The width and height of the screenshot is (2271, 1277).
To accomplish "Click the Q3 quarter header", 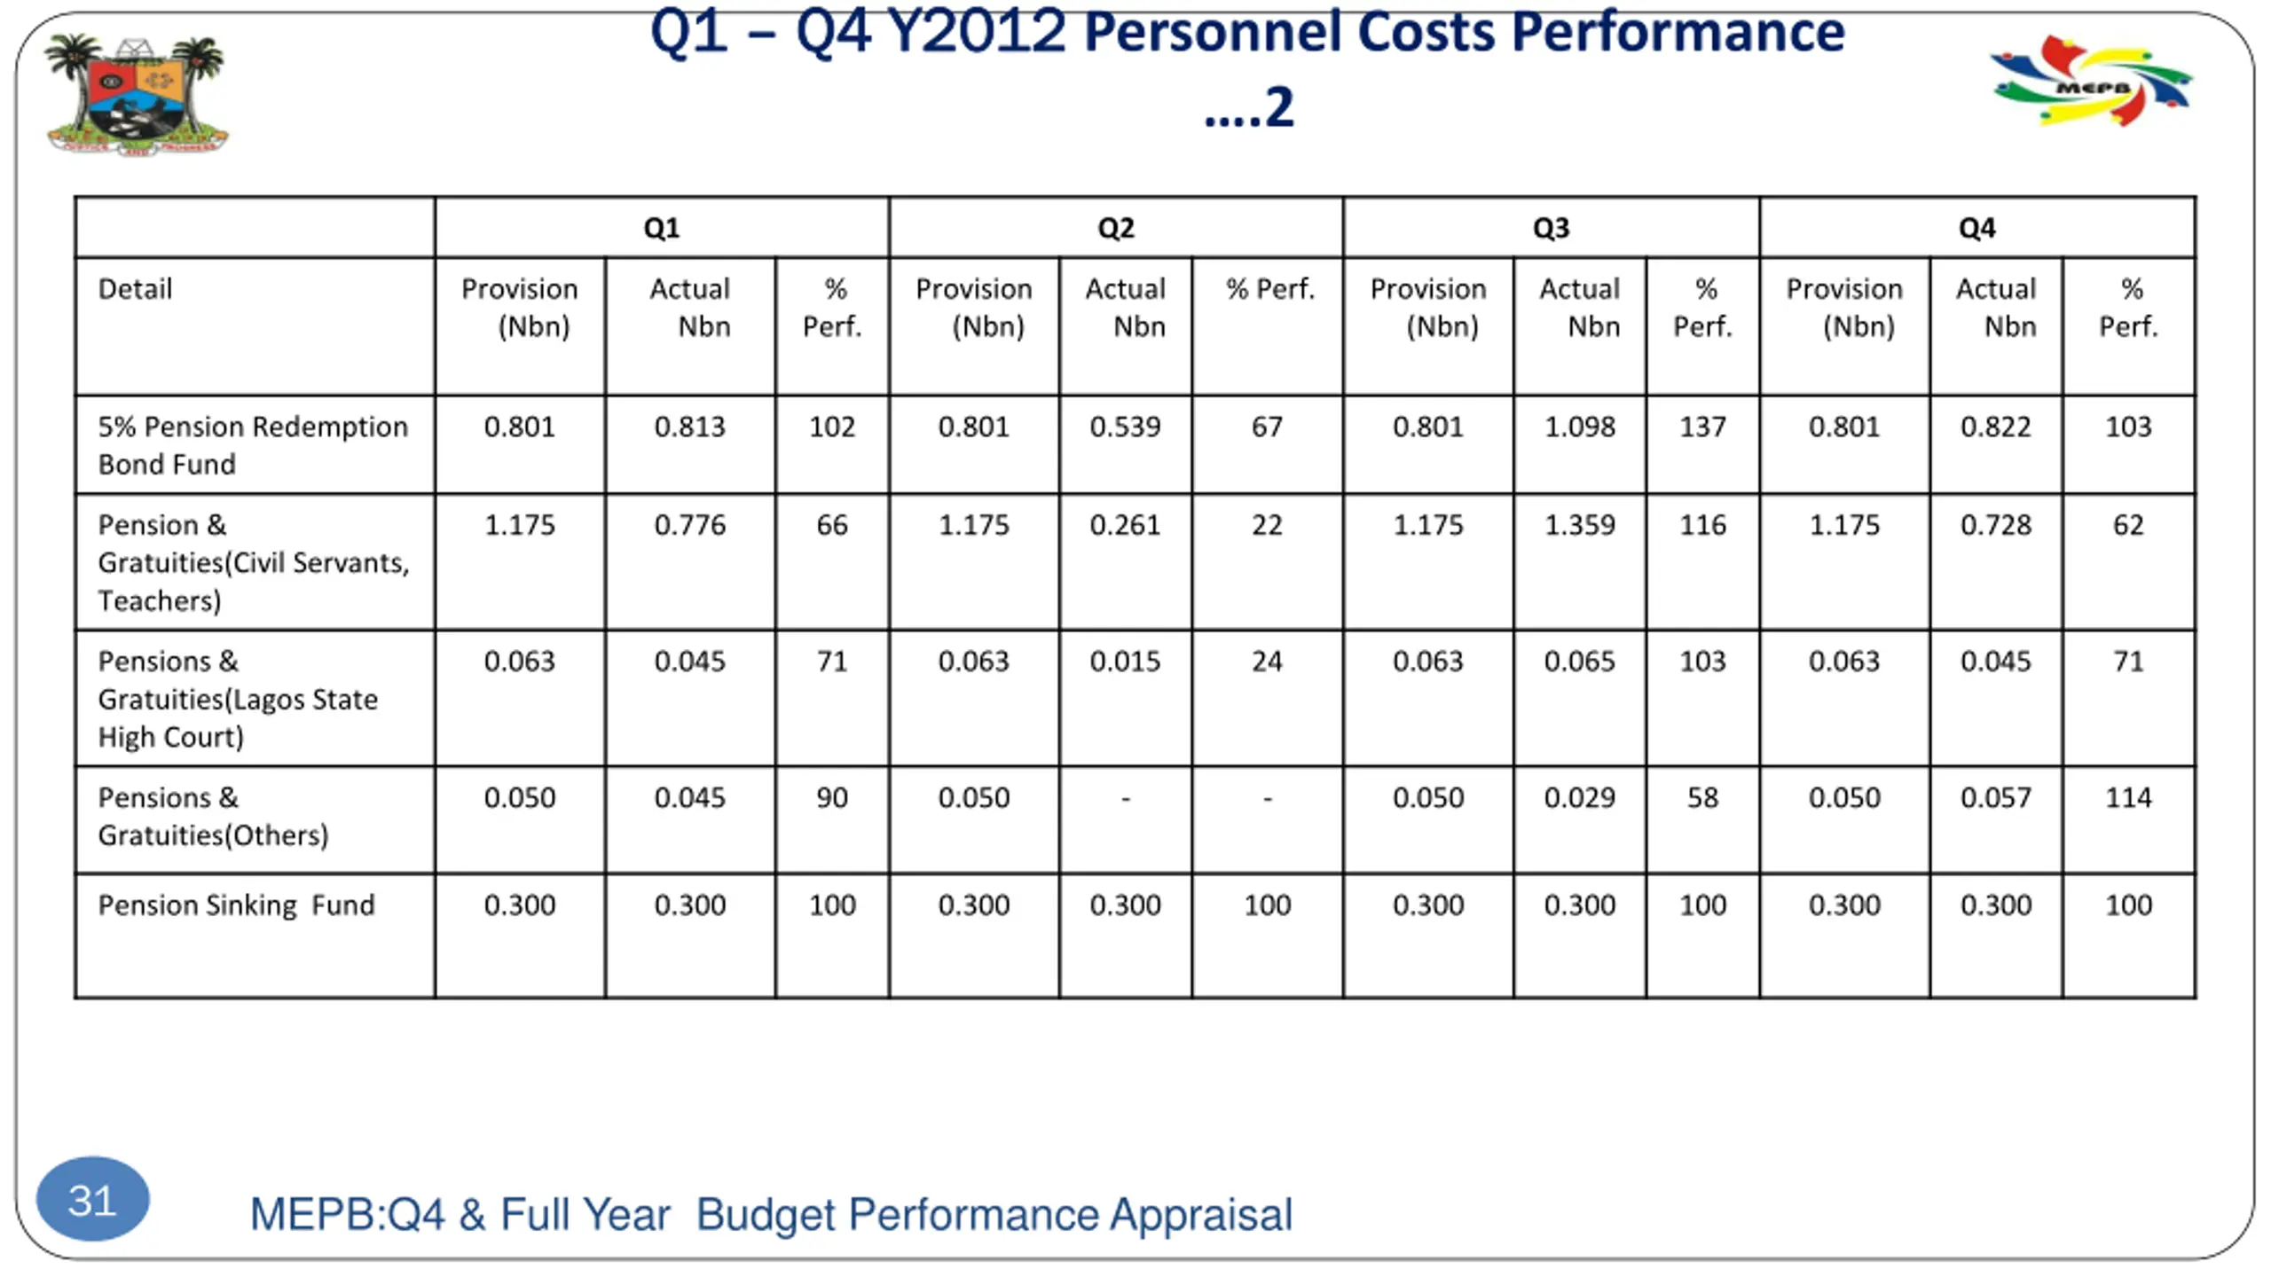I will click(x=1551, y=228).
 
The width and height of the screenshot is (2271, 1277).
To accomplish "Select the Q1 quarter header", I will click(x=662, y=228).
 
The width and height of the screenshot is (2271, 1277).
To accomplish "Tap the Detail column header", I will click(x=135, y=289).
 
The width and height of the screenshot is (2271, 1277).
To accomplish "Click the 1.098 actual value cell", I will click(x=1579, y=427).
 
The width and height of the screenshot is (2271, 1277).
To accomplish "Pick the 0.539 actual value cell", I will click(x=1125, y=427).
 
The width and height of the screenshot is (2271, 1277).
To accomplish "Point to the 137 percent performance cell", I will click(x=1702, y=427).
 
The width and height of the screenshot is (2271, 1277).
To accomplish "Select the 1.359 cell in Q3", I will click(x=1579, y=525).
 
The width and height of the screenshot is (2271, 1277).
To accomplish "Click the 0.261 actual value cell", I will click(x=1125, y=525).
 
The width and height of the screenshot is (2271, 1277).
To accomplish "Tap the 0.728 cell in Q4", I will click(x=1995, y=525).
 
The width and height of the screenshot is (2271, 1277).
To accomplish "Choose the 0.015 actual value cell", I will click(x=1125, y=662).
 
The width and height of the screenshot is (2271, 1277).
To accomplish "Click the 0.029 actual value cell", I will click(x=1579, y=798).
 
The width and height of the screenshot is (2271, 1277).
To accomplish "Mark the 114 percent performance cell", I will click(x=2128, y=798).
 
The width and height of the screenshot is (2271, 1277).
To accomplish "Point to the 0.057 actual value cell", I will click(x=1995, y=798).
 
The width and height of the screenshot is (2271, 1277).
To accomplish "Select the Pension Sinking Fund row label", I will click(x=236, y=905).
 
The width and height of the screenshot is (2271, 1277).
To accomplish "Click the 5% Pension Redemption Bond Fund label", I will click(x=253, y=445).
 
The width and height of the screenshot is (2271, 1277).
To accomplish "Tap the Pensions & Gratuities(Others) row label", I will click(x=213, y=817).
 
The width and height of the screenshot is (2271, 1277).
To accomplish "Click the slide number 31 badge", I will click(x=92, y=1200).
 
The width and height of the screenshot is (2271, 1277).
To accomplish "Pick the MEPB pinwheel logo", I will click(x=2090, y=82).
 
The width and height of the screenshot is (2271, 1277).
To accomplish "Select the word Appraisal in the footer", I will click(x=1201, y=1215).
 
